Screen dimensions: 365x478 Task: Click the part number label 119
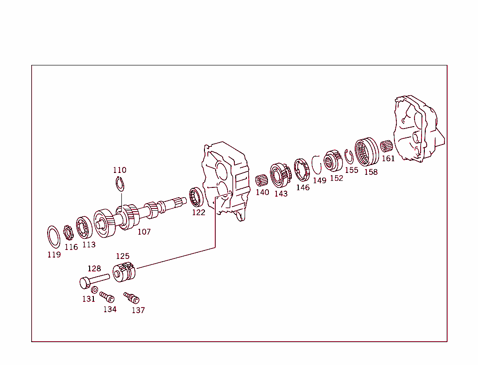pyautogui.click(x=54, y=255)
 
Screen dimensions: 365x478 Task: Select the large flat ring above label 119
pyautogui.click(x=54, y=236)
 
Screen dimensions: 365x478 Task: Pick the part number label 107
pyautogui.click(x=144, y=231)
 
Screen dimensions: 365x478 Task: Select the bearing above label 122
pyautogui.click(x=196, y=197)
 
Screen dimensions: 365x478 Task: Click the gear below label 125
pyautogui.click(x=124, y=272)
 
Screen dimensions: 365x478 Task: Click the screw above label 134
pyautogui.click(x=107, y=297)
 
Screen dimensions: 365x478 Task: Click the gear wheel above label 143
pyautogui.click(x=280, y=174)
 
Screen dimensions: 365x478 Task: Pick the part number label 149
pyautogui.click(x=319, y=180)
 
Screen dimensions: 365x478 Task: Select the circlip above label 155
pyautogui.click(x=348, y=157)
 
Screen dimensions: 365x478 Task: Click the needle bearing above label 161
pyautogui.click(x=386, y=146)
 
